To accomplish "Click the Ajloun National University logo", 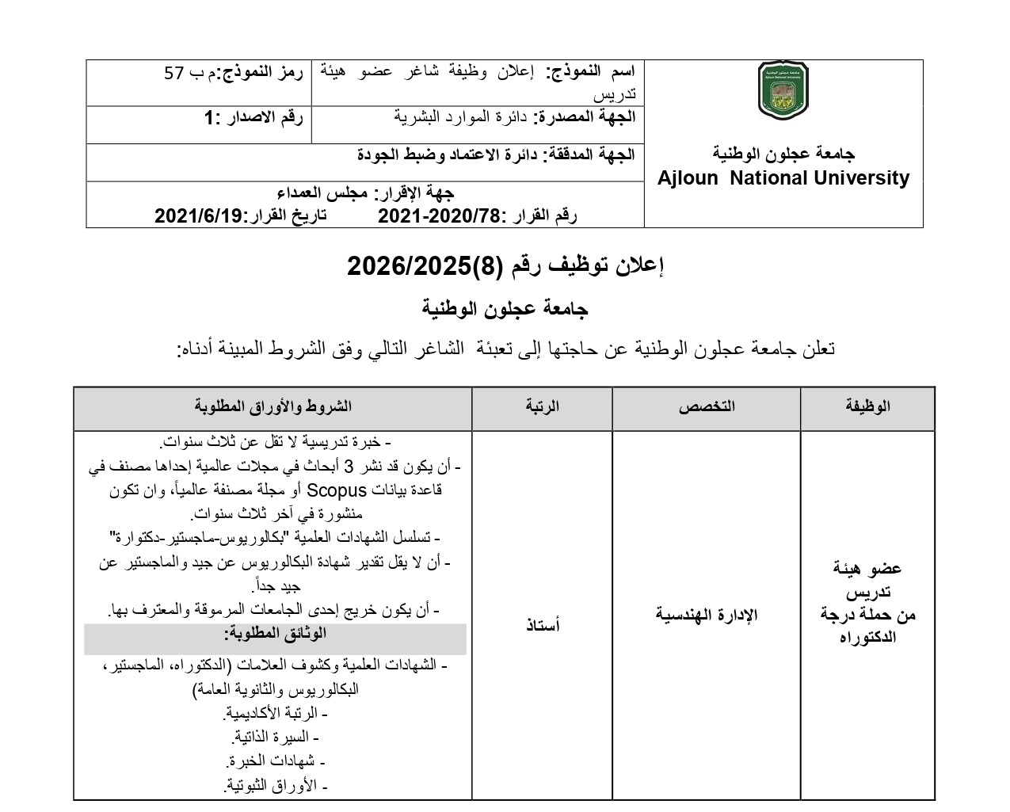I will point(783,91).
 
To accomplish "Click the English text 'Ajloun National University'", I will point(783,178).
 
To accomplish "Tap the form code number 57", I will point(174,74).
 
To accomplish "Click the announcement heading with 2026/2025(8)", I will point(505,266).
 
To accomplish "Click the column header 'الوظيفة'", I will point(867,406).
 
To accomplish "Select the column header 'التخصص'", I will point(706,406).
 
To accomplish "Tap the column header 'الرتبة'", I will point(543,406).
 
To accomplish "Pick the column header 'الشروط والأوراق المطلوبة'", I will point(273,406).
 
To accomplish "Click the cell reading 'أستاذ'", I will point(543,626).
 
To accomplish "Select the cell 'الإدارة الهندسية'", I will point(706,615).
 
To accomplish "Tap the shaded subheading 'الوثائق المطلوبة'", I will point(276,634).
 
